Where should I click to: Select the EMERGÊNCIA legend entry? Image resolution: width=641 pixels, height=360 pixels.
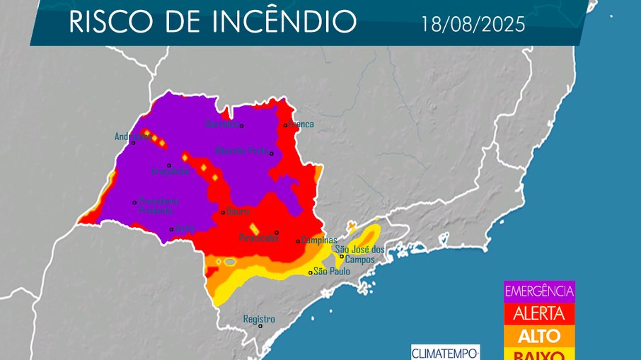[539, 291]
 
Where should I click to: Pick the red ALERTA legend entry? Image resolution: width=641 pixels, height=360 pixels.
[539, 313]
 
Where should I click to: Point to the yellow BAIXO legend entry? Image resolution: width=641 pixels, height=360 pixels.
[539, 354]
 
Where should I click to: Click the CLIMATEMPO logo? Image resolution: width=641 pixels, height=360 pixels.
[445, 352]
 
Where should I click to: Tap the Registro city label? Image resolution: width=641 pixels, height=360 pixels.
[258, 319]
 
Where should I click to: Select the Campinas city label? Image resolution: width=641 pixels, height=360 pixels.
[317, 240]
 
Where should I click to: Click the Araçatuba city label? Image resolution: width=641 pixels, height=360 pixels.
[171, 171]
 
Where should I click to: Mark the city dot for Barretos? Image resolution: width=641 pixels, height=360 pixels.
[241, 126]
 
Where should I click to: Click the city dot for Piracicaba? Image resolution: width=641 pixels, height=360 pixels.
[277, 232]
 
